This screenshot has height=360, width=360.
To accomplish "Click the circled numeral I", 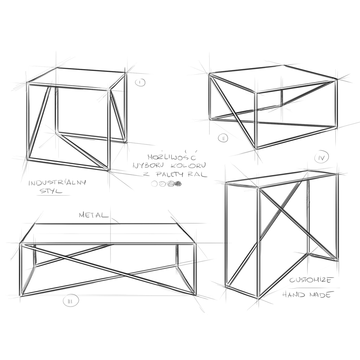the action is [x=140, y=82].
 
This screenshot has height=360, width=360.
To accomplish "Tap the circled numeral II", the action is [x=223, y=138].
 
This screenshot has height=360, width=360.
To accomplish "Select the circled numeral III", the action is [x=71, y=301].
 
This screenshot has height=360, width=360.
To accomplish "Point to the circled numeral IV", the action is [x=321, y=157].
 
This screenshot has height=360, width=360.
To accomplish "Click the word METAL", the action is [x=94, y=215].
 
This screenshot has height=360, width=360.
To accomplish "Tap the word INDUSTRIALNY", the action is [x=57, y=183].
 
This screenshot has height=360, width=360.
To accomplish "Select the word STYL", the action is [x=51, y=191].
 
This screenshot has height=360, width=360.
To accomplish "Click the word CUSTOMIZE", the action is [x=311, y=280].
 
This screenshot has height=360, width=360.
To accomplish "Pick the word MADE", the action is [x=320, y=294].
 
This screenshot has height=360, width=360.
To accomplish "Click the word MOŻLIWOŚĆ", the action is [x=172, y=156].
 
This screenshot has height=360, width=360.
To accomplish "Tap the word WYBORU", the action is [x=148, y=165].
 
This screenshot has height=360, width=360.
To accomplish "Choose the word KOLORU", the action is [x=189, y=165].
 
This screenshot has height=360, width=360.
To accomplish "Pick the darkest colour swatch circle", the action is [x=178, y=184].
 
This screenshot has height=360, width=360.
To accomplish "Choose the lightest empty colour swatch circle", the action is [x=154, y=184].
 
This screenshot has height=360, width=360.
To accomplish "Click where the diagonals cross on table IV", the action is [x=280, y=209].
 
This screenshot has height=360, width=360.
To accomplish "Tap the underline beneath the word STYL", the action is [x=53, y=195].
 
